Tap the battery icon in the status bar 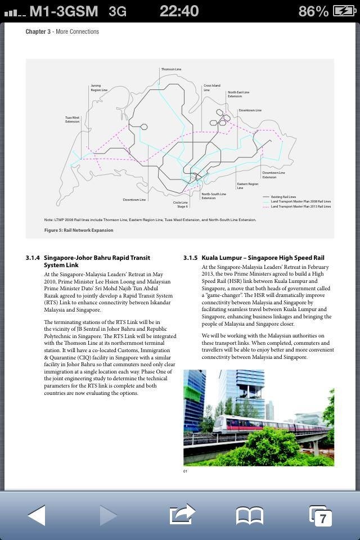344,11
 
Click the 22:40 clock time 179,11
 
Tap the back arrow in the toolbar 37,515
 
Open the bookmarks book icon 249,515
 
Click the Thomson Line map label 171,69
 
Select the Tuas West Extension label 72,119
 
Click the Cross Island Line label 211,88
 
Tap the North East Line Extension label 238,94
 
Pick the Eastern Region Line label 247,186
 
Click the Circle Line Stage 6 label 181,204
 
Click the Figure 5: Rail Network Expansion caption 79,230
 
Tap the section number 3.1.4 32,258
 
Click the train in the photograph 270,425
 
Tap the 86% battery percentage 313,11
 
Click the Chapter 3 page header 62,31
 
